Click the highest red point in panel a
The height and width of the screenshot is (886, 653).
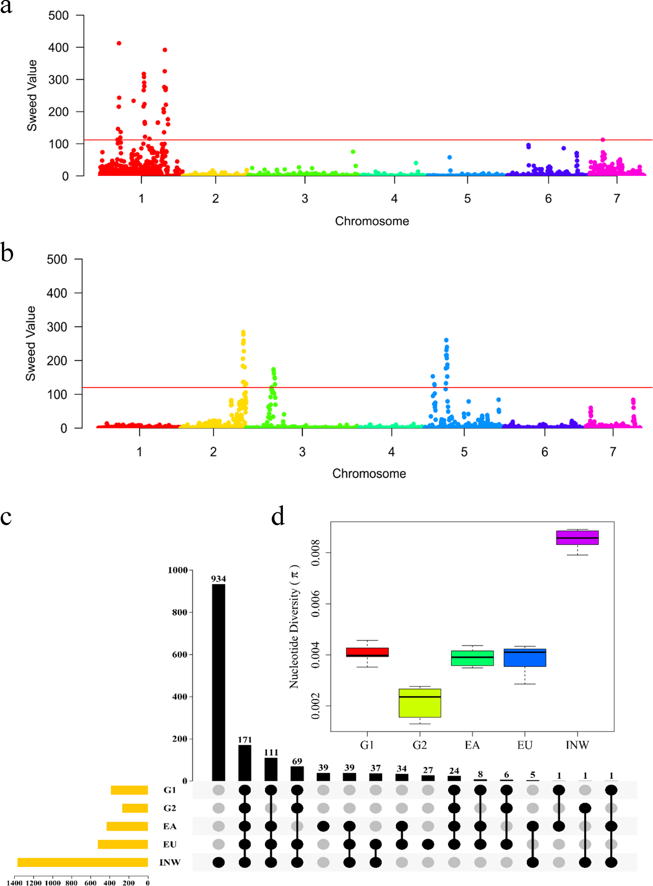[119, 43]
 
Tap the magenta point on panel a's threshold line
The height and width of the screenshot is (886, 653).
[603, 140]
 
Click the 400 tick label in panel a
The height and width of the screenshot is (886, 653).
[59, 47]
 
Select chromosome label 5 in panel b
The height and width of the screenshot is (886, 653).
[464, 452]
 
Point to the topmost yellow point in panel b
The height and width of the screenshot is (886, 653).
[243, 332]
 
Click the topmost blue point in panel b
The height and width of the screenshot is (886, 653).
[446, 340]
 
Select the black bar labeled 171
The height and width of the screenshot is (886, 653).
[245, 763]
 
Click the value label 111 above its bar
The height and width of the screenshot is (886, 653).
[271, 752]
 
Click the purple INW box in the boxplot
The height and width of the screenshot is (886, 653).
[577, 538]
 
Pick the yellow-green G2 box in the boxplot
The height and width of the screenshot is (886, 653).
[420, 703]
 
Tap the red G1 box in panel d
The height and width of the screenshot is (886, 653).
[367, 652]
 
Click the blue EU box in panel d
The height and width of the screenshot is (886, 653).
[525, 658]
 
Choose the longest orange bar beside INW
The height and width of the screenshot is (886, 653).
[82, 862]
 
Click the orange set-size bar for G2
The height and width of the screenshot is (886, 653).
[135, 808]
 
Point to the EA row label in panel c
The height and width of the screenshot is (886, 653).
[170, 826]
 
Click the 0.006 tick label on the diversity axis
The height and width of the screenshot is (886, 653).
[315, 604]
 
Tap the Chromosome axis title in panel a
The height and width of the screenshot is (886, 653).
[372, 221]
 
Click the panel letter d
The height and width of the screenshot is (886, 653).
[278, 517]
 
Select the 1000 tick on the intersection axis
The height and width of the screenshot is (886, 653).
[177, 570]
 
